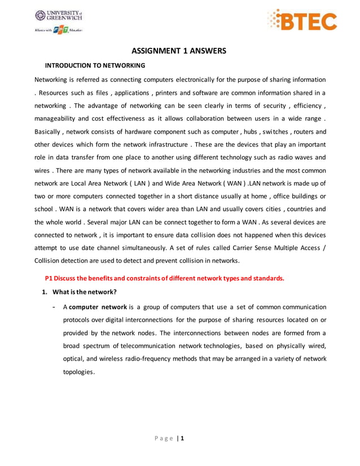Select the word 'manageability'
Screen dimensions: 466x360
[x=59, y=118]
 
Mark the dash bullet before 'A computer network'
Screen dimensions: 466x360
[x=53, y=307]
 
